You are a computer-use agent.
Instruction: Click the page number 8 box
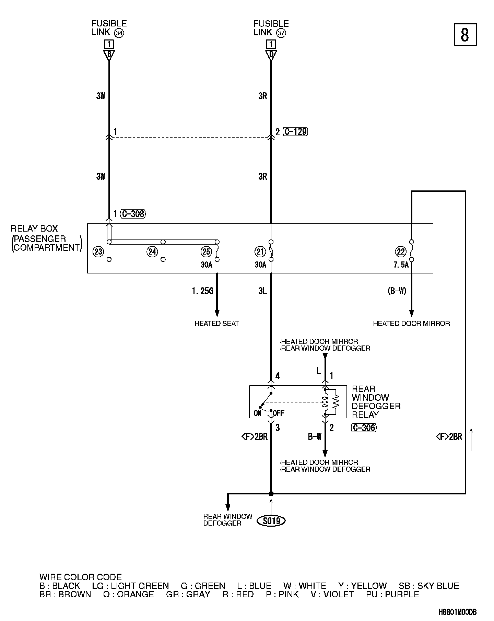tap(465, 34)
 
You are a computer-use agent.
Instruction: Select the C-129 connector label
tap(296, 132)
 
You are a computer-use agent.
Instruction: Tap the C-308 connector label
tap(133, 214)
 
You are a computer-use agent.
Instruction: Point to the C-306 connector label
tap(364, 428)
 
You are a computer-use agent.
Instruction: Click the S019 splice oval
tap(271, 521)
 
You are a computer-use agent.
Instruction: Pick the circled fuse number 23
tap(98, 252)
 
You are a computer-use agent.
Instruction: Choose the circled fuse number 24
tap(152, 252)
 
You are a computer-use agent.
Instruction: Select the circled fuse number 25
tap(206, 252)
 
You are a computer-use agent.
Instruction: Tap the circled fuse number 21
tap(260, 252)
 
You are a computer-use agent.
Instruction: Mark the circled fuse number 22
tap(401, 252)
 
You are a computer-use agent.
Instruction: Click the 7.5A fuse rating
tap(400, 265)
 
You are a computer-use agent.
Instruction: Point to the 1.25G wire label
tap(202, 291)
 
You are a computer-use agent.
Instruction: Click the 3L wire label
tap(262, 291)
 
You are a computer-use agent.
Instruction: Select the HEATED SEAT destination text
tap(216, 324)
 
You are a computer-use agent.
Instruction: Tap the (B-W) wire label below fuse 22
tap(397, 291)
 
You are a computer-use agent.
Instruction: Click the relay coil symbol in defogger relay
tap(325, 402)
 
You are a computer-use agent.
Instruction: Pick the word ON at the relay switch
tap(258, 413)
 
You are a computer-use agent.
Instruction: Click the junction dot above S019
tap(271, 494)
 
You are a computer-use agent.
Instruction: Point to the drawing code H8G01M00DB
tap(457, 612)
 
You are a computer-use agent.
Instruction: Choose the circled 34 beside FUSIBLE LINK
tap(119, 33)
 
